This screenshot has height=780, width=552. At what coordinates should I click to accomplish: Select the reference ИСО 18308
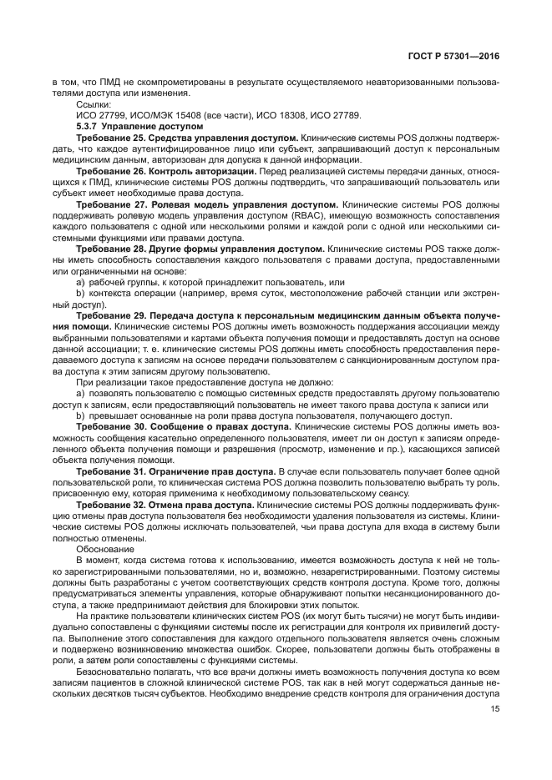[274, 113]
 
